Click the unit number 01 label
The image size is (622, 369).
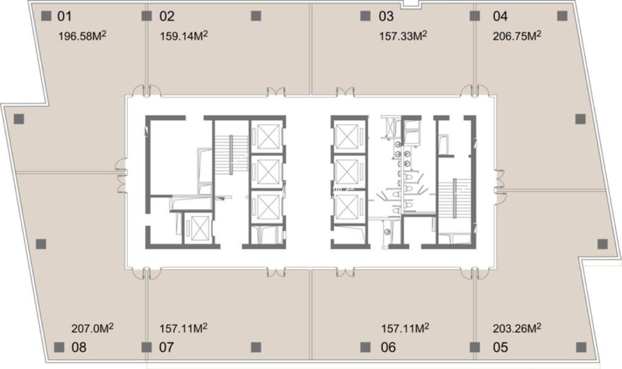(65, 16)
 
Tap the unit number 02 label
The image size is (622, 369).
(167, 16)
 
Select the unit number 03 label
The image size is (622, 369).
(386, 16)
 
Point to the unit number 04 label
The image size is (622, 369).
(500, 16)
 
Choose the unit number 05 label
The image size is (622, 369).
(500, 347)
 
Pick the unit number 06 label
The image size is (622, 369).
(388, 347)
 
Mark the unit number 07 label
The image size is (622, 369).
(166, 347)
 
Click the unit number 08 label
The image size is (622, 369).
(79, 347)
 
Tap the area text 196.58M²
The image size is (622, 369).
(82, 36)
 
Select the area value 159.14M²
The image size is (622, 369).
(184, 36)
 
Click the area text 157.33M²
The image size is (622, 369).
(403, 36)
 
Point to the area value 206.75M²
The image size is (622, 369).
(517, 36)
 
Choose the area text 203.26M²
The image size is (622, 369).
(517, 328)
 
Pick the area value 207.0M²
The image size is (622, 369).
(92, 328)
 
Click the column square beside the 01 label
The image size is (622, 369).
(47, 16)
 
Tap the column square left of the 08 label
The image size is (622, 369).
(59, 347)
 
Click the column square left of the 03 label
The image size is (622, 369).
(365, 16)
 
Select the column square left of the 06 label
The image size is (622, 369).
(365, 347)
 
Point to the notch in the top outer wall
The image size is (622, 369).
(410, 4)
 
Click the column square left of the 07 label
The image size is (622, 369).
(146, 347)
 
